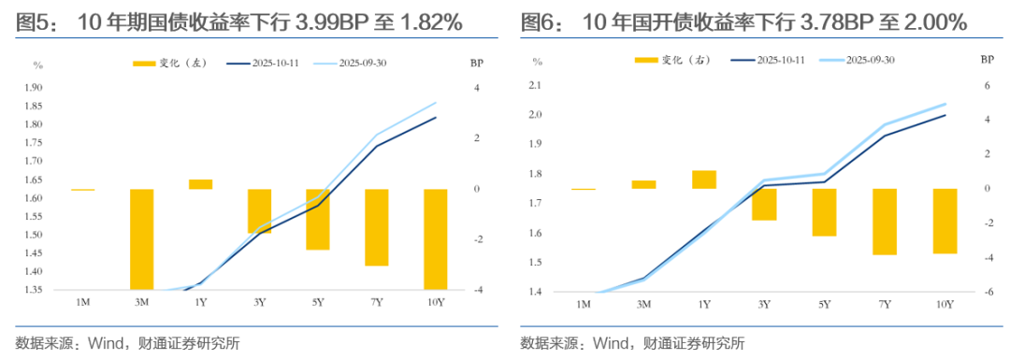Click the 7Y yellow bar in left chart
(x=377, y=227)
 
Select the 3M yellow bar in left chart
(x=142, y=239)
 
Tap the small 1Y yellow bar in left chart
(x=200, y=184)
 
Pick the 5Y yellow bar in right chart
(x=824, y=212)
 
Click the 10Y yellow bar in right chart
(x=945, y=221)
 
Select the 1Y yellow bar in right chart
(x=704, y=180)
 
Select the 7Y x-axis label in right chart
(x=884, y=305)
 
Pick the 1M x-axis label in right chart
(x=584, y=305)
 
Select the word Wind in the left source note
(x=106, y=342)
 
